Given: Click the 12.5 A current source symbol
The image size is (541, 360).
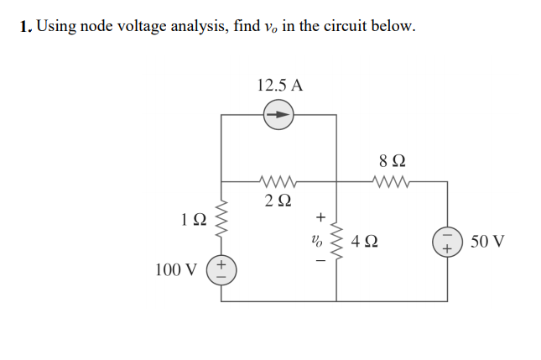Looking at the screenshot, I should (x=279, y=114).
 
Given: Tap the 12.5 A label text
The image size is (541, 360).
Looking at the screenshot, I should (x=280, y=85).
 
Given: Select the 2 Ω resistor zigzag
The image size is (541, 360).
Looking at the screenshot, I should (x=278, y=180).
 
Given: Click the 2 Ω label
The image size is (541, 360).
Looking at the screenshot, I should (x=278, y=201).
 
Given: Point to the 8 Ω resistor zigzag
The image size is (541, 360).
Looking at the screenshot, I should (x=390, y=180).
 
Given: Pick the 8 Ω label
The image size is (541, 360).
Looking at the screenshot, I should (x=390, y=159).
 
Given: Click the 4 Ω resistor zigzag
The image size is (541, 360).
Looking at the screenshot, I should (x=336, y=241).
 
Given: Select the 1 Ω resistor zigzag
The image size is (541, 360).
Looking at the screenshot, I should (x=221, y=220).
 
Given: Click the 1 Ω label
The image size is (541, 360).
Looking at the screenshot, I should (x=192, y=220).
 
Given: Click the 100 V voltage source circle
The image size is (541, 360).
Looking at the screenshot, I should (x=221, y=270).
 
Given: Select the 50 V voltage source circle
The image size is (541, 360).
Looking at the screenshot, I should (x=445, y=242).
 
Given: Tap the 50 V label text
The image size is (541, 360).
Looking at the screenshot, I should (x=487, y=242).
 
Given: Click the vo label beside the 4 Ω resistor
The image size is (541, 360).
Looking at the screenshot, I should (x=316, y=242).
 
